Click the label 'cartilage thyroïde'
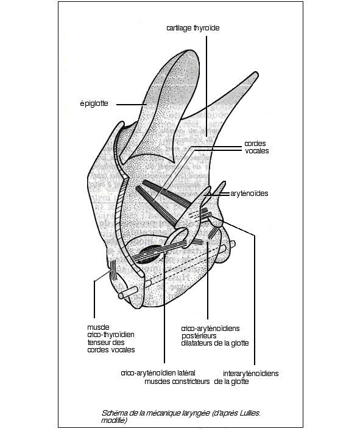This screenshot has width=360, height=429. (x=193, y=28)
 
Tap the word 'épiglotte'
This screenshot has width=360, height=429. (x=94, y=103)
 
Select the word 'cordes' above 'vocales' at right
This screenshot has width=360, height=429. (x=255, y=144)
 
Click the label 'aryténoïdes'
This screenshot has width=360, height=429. (x=249, y=194)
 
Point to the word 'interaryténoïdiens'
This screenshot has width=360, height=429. (x=251, y=374)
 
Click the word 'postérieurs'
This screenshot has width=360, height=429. (x=199, y=336)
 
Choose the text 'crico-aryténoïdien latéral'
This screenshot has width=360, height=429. (x=158, y=373)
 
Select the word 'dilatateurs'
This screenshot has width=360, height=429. (x=197, y=343)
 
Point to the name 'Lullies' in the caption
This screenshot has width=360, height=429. (x=250, y=413)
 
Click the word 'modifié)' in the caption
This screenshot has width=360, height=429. (x=114, y=420)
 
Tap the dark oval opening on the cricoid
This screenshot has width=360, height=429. (x=150, y=253)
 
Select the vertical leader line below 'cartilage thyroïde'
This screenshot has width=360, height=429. (x=206, y=86)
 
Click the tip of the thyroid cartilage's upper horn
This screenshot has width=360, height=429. (x=256, y=74)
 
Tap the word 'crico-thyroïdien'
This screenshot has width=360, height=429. (x=111, y=335)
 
